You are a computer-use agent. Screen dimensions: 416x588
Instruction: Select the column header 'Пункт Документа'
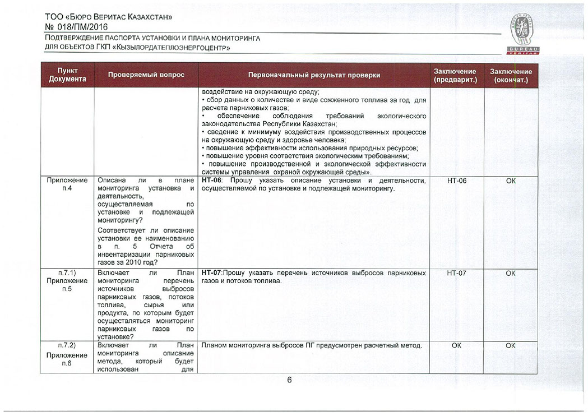point(67,75)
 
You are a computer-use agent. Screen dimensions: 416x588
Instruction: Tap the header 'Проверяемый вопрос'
point(146,75)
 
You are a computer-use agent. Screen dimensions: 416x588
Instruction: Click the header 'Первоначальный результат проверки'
point(314,75)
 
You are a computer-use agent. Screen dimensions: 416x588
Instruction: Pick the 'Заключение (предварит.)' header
point(455,76)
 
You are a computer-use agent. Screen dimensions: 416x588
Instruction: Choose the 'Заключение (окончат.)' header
point(511,76)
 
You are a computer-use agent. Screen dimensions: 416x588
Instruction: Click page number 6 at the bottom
point(290,381)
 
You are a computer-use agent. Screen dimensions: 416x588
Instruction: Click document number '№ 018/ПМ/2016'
point(76,26)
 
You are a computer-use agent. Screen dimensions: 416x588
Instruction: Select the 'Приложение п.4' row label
point(67,184)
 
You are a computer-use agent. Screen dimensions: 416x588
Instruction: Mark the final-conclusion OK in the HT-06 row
point(510,181)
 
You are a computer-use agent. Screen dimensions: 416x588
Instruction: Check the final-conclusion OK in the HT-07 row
point(510,273)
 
